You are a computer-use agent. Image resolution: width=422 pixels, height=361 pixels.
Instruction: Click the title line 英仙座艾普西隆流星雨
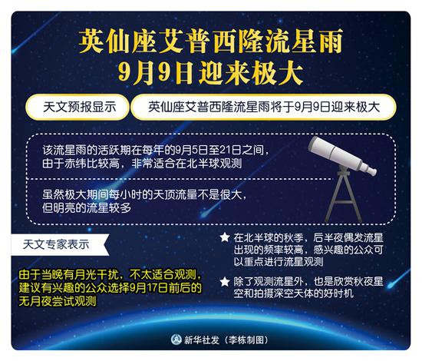tap(211, 41)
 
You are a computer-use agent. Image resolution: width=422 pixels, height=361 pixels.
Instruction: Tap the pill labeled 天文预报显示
tap(77, 107)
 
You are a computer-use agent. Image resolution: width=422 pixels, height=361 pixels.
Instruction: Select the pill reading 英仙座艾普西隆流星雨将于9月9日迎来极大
tap(263, 107)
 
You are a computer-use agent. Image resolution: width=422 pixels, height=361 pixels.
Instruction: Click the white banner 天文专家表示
tap(58, 244)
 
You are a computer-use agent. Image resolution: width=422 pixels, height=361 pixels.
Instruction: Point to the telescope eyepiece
tap(372, 171)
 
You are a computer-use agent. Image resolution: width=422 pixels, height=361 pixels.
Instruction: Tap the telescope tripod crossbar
tap(343, 202)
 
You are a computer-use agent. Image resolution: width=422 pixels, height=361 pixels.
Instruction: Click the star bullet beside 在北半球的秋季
tap(225, 237)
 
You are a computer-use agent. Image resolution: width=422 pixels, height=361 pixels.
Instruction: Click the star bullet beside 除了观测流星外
tap(225, 282)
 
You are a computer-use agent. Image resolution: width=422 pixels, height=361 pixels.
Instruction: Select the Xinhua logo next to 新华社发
tap(176, 339)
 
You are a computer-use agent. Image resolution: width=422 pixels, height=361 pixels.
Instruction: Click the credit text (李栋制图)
tap(246, 340)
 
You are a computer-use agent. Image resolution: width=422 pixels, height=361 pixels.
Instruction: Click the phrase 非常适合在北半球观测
tap(186, 164)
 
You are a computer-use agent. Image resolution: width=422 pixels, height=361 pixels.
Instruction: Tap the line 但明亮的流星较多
tap(87, 207)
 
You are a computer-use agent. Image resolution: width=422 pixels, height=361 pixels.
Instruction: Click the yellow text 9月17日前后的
tap(165, 288)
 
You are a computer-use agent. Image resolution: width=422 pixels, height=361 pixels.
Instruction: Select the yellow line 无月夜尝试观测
tap(58, 301)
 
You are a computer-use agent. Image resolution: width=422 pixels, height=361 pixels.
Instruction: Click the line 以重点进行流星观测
tap(279, 262)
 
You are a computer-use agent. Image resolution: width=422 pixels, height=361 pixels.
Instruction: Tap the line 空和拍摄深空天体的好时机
tap(293, 293)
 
